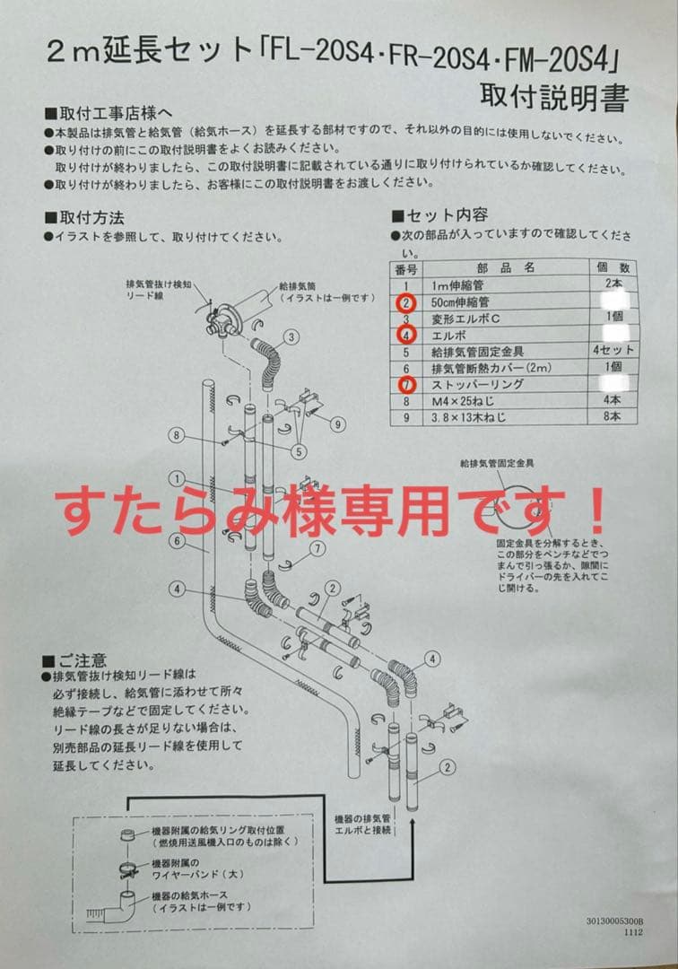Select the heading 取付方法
point(91,218)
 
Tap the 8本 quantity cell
point(613,417)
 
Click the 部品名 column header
point(505,267)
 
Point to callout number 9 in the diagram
point(337,423)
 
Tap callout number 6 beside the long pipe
point(178,540)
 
